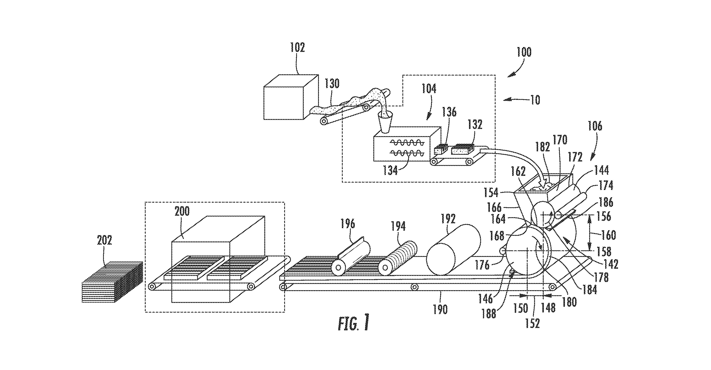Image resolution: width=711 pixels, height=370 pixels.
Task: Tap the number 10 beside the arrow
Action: (x=535, y=100)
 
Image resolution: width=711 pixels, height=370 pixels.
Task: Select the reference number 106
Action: (x=594, y=126)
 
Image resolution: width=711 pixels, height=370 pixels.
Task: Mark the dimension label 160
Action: (x=608, y=235)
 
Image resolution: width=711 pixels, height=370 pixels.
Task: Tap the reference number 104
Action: (x=429, y=89)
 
